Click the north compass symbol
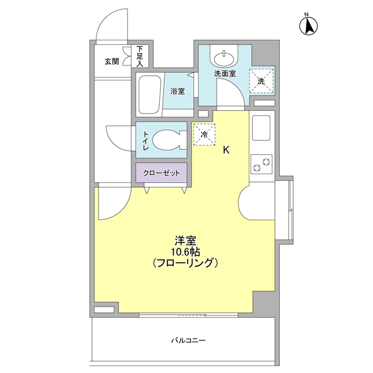coord(308,25)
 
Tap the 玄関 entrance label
coord(111,61)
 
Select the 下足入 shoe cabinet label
coord(140,57)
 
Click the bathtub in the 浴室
coord(149,94)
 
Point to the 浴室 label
coord(177,92)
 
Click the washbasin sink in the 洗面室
coord(224,58)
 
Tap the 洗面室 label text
coord(224,74)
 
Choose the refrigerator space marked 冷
coord(204,134)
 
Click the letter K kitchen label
coord(226,150)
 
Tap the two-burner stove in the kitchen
coord(262,165)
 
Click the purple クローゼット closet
coord(161,173)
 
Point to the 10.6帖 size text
coord(185,251)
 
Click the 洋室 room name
coord(185,240)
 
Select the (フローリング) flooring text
coord(185,263)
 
